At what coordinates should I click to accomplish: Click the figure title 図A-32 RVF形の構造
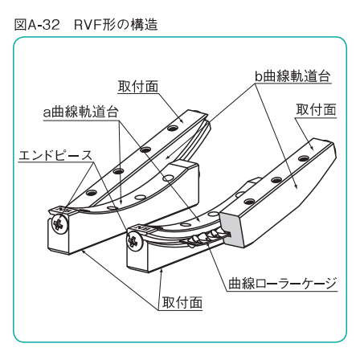point(86,25)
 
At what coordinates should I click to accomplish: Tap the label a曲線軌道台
point(80,112)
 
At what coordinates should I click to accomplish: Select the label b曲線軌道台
point(292,76)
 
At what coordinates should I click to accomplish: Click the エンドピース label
point(55,155)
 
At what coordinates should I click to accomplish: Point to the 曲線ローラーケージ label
point(282,284)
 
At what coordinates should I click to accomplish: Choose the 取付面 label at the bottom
point(182,303)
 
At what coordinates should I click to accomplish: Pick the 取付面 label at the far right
point(316,110)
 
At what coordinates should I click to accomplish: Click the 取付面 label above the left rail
point(138,87)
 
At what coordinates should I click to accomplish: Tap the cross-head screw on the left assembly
point(60,224)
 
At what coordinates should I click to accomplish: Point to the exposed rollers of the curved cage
point(203,237)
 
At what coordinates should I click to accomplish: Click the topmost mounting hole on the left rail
point(173,128)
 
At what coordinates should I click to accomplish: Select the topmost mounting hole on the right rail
point(303,158)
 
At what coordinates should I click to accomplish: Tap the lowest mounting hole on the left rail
point(92,192)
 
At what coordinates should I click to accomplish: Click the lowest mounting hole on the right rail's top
point(249,201)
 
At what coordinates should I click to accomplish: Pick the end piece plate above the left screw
point(63,209)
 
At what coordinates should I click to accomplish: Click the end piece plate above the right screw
point(141,227)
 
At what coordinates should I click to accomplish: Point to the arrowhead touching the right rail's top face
point(312,148)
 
